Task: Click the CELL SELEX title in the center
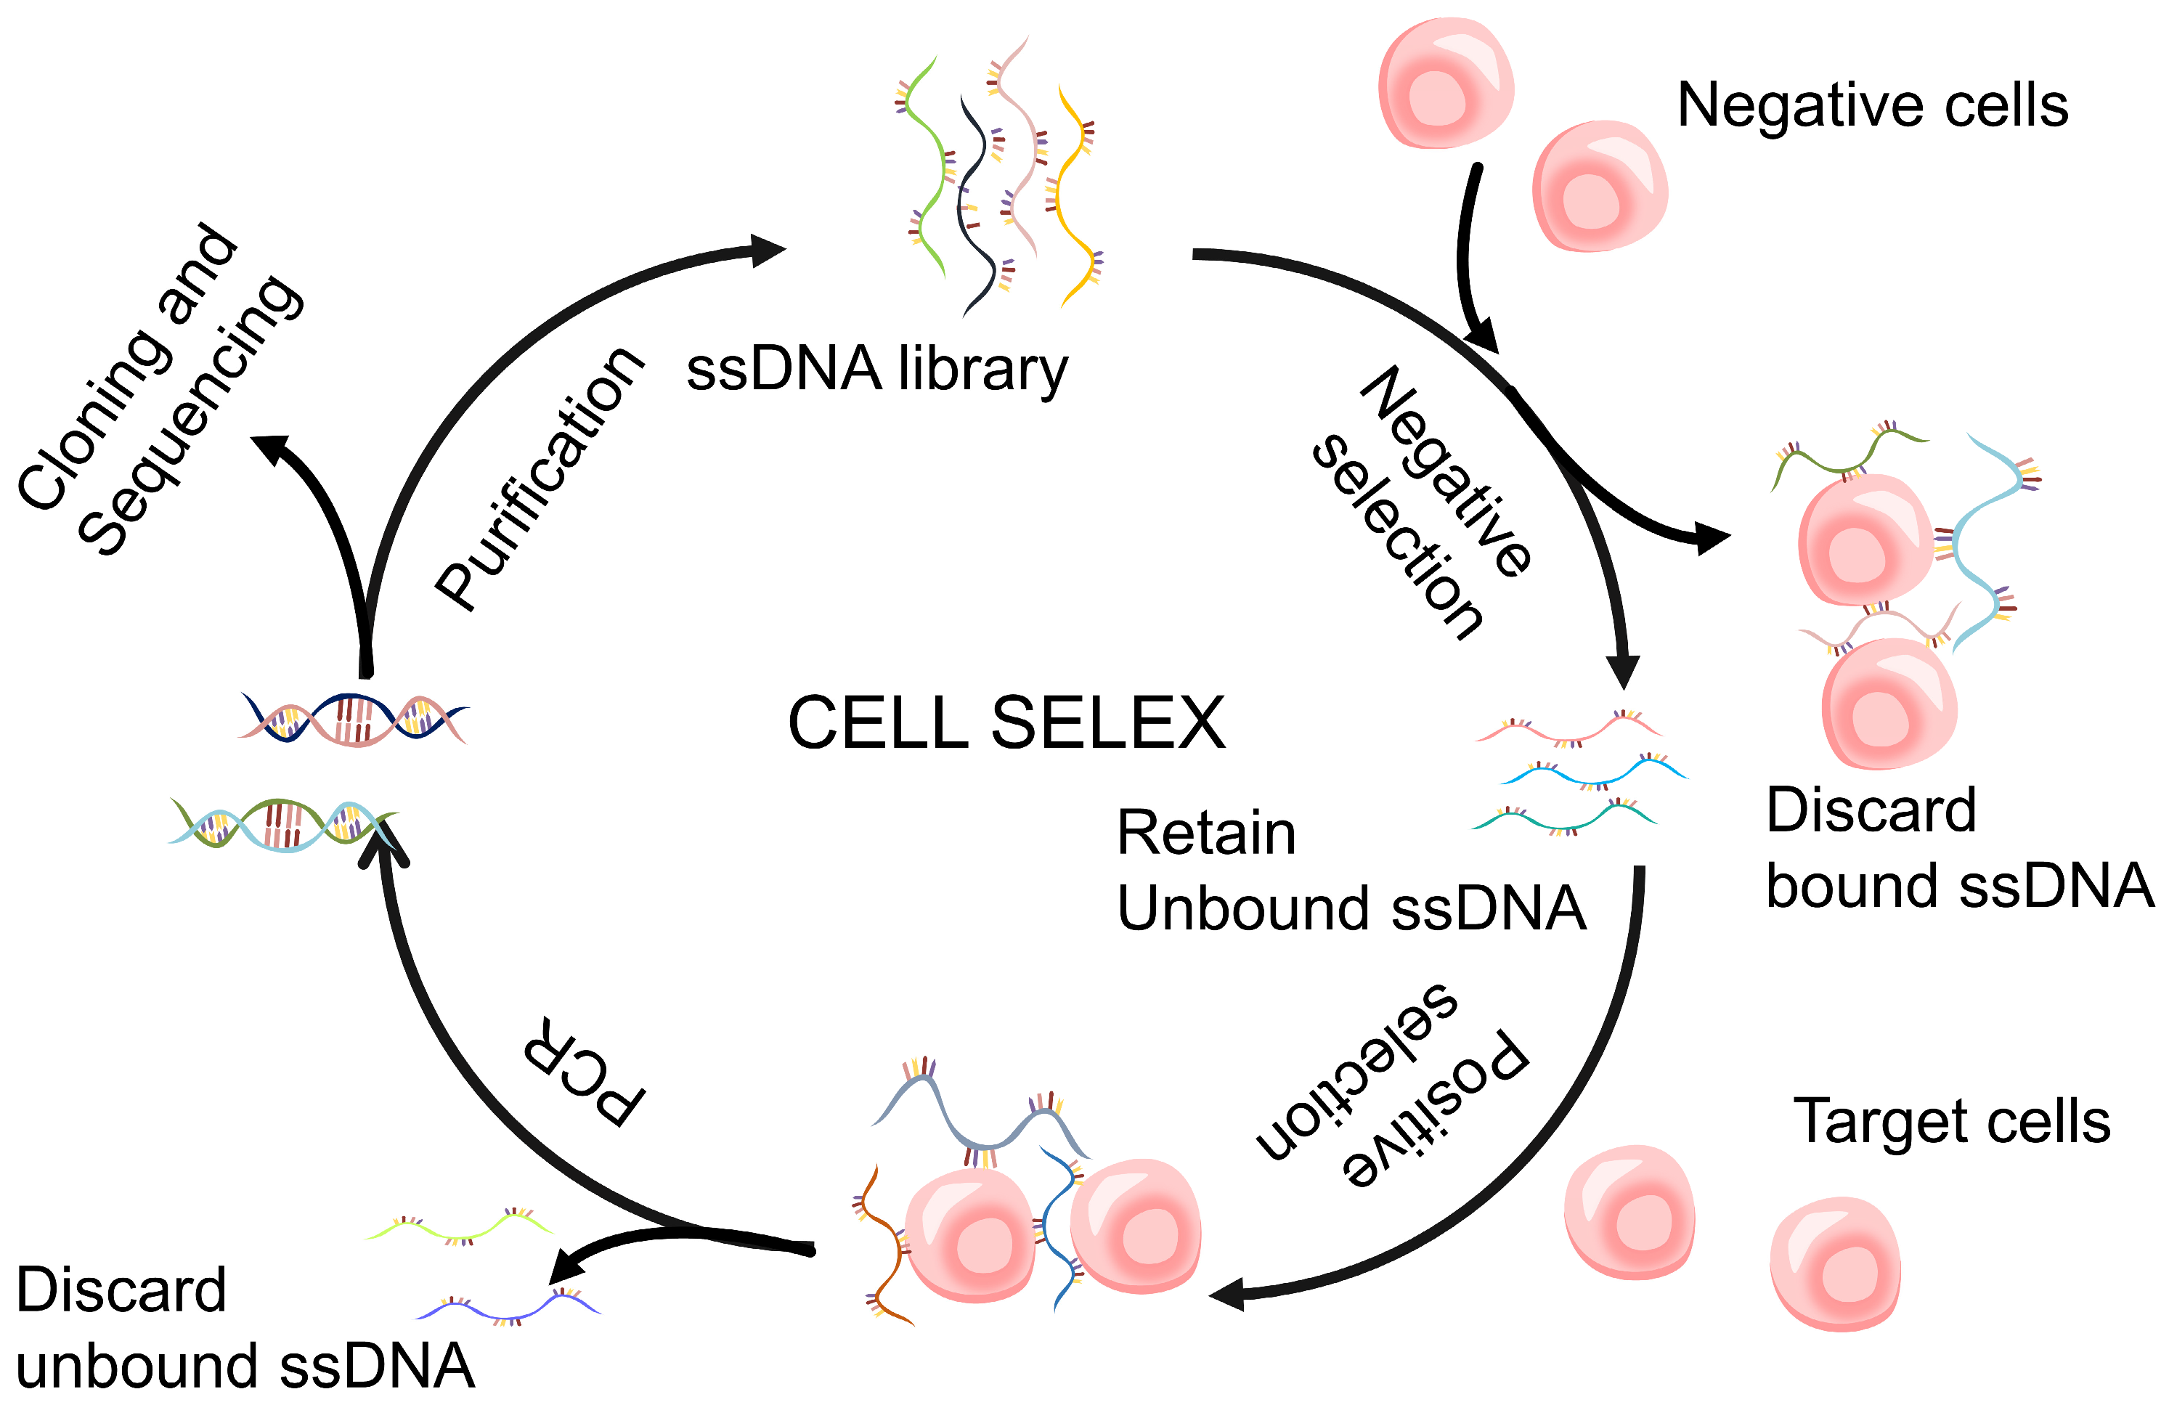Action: pos(1006,722)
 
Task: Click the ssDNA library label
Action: pos(876,369)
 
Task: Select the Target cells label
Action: pos(1951,1120)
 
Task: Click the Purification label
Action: pos(540,478)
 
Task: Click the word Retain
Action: pos(1205,833)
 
